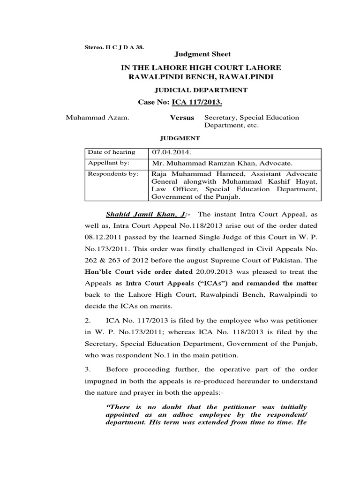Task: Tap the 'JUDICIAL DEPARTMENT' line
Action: tap(202, 90)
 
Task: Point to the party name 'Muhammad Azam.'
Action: tap(91, 118)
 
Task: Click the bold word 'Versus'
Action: tap(181, 118)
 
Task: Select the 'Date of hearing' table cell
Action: tap(111, 152)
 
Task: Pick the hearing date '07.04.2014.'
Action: tap(171, 153)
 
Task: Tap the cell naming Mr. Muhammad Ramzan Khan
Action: tap(222, 164)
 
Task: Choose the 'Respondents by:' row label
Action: tap(112, 173)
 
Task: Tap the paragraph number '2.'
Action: tap(87, 320)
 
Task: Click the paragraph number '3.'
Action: tap(87, 368)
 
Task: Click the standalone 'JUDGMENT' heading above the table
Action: tap(180, 138)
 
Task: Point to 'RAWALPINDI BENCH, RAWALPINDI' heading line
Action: tap(202, 76)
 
